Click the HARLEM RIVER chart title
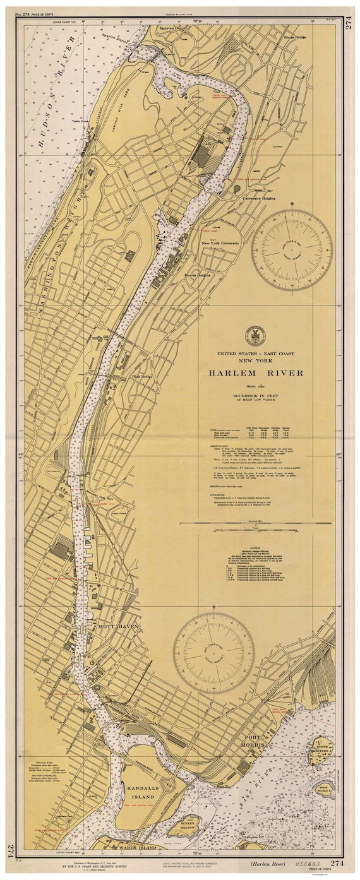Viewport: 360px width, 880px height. tap(256, 373)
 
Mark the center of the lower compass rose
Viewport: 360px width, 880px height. tap(214, 653)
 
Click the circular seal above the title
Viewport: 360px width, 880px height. tap(256, 335)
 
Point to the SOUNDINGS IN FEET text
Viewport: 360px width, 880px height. tap(256, 394)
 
